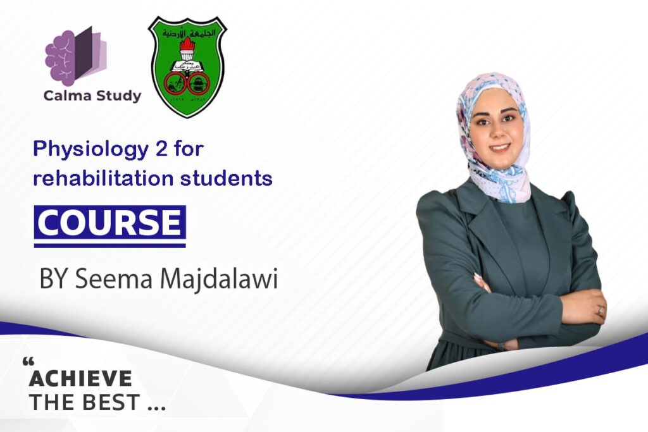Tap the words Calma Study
pyautogui.click(x=92, y=96)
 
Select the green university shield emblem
pyautogui.click(x=187, y=67)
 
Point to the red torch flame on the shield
pyautogui.click(x=187, y=46)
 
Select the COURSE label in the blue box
pyautogui.click(x=109, y=223)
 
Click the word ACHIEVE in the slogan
pyautogui.click(x=80, y=379)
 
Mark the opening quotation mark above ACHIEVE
pyautogui.click(x=27, y=363)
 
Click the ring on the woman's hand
pyautogui.click(x=599, y=311)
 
